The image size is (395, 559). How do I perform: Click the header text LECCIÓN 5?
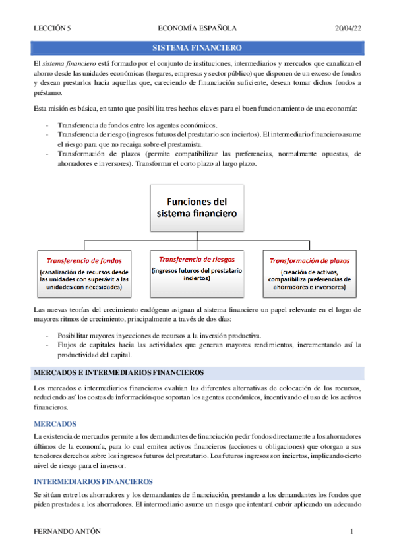click(x=51, y=28)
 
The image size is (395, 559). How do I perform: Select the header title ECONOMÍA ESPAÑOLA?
click(x=198, y=28)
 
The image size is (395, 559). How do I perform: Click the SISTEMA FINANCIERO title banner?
click(x=197, y=49)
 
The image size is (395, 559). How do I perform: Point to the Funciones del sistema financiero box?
click(x=197, y=206)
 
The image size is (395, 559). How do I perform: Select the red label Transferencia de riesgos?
click(x=197, y=259)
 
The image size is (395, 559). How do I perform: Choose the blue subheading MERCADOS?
click(x=55, y=423)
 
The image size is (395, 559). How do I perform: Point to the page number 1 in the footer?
click(x=352, y=531)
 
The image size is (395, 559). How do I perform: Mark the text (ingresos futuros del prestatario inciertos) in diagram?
click(x=197, y=274)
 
